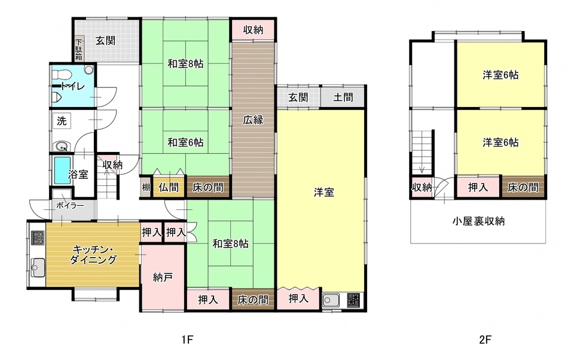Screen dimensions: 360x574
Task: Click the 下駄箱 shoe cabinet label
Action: [x=79, y=50]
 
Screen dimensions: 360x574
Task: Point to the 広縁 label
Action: [x=253, y=119]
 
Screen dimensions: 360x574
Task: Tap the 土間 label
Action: [x=343, y=97]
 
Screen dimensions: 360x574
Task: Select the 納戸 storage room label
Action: [x=162, y=277]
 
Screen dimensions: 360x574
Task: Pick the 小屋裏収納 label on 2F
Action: [x=478, y=221]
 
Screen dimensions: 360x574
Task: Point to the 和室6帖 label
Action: [x=185, y=142]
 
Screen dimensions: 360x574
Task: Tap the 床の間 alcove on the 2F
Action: [x=523, y=187]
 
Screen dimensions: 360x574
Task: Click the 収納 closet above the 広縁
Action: [x=253, y=29]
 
